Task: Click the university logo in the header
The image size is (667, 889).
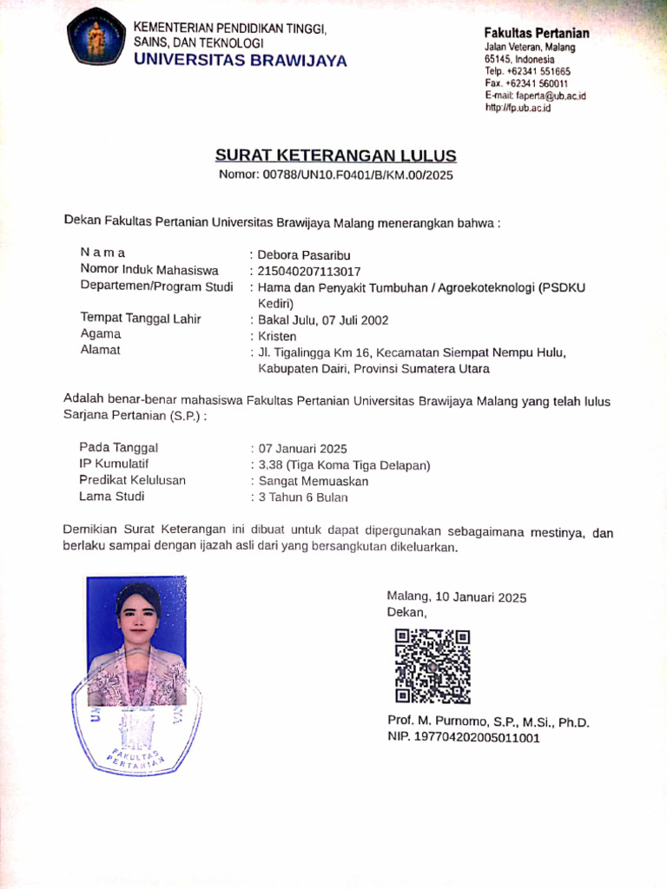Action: pos(96,37)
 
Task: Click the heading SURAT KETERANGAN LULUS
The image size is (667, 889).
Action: pos(335,156)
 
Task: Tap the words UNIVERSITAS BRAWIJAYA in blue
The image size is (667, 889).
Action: pos(240,61)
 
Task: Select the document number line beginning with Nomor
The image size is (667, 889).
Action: pos(335,175)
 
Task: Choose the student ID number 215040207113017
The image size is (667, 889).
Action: pos(309,271)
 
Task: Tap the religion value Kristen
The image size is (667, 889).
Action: pos(277,336)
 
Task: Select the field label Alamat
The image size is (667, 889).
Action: pos(100,350)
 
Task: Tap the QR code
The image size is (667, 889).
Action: pos(432,666)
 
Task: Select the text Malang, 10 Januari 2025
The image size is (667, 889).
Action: pos(456,597)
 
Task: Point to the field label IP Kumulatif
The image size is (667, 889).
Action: pos(114,464)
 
